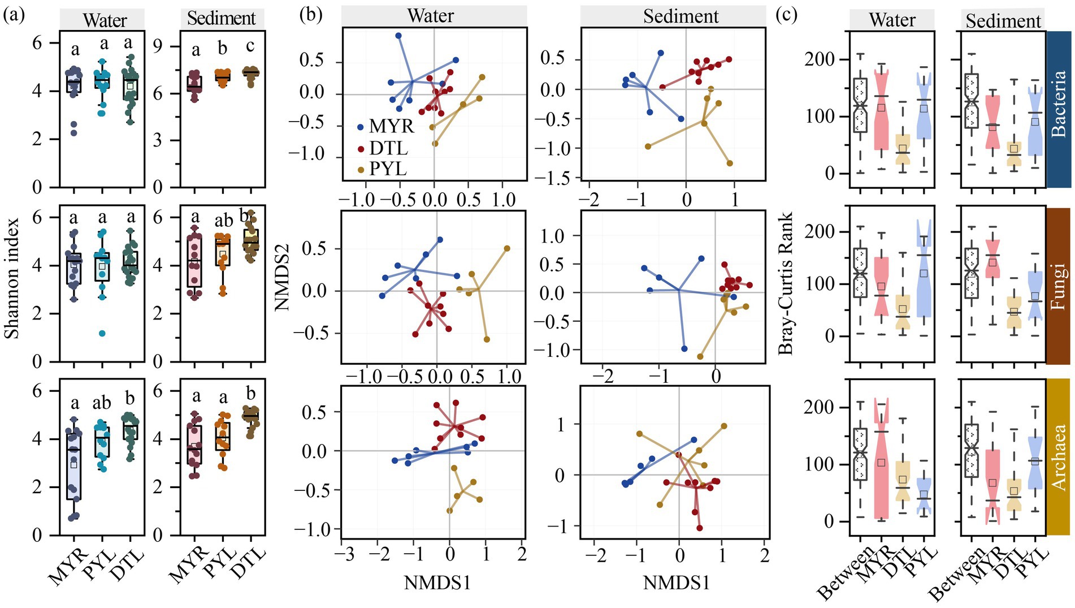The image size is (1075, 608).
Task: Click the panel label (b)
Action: click(310, 15)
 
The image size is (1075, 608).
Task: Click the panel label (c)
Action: click(786, 15)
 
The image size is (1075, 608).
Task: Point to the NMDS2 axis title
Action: click(281, 277)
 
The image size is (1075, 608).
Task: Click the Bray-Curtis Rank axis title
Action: click(786, 283)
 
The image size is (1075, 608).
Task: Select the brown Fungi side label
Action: click(1059, 286)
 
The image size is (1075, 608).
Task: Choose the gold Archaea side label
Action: click(1059, 457)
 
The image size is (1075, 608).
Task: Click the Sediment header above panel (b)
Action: click(680, 16)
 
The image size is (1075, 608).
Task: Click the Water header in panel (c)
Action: click(892, 20)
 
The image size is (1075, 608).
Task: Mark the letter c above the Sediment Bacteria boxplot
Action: click(250, 46)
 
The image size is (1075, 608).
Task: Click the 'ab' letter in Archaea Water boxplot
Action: click(102, 403)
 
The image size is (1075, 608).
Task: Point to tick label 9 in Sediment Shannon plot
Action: click(159, 46)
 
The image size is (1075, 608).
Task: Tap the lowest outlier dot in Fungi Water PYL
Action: click(102, 334)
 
